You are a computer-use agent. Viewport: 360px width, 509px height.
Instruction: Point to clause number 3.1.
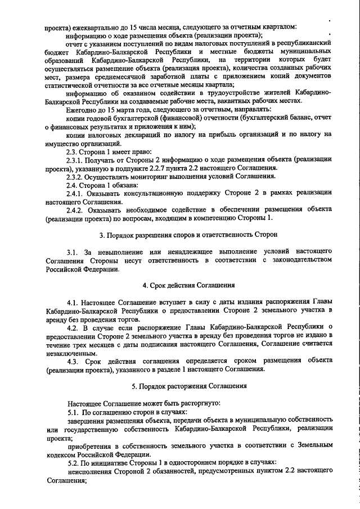point(74,250)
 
